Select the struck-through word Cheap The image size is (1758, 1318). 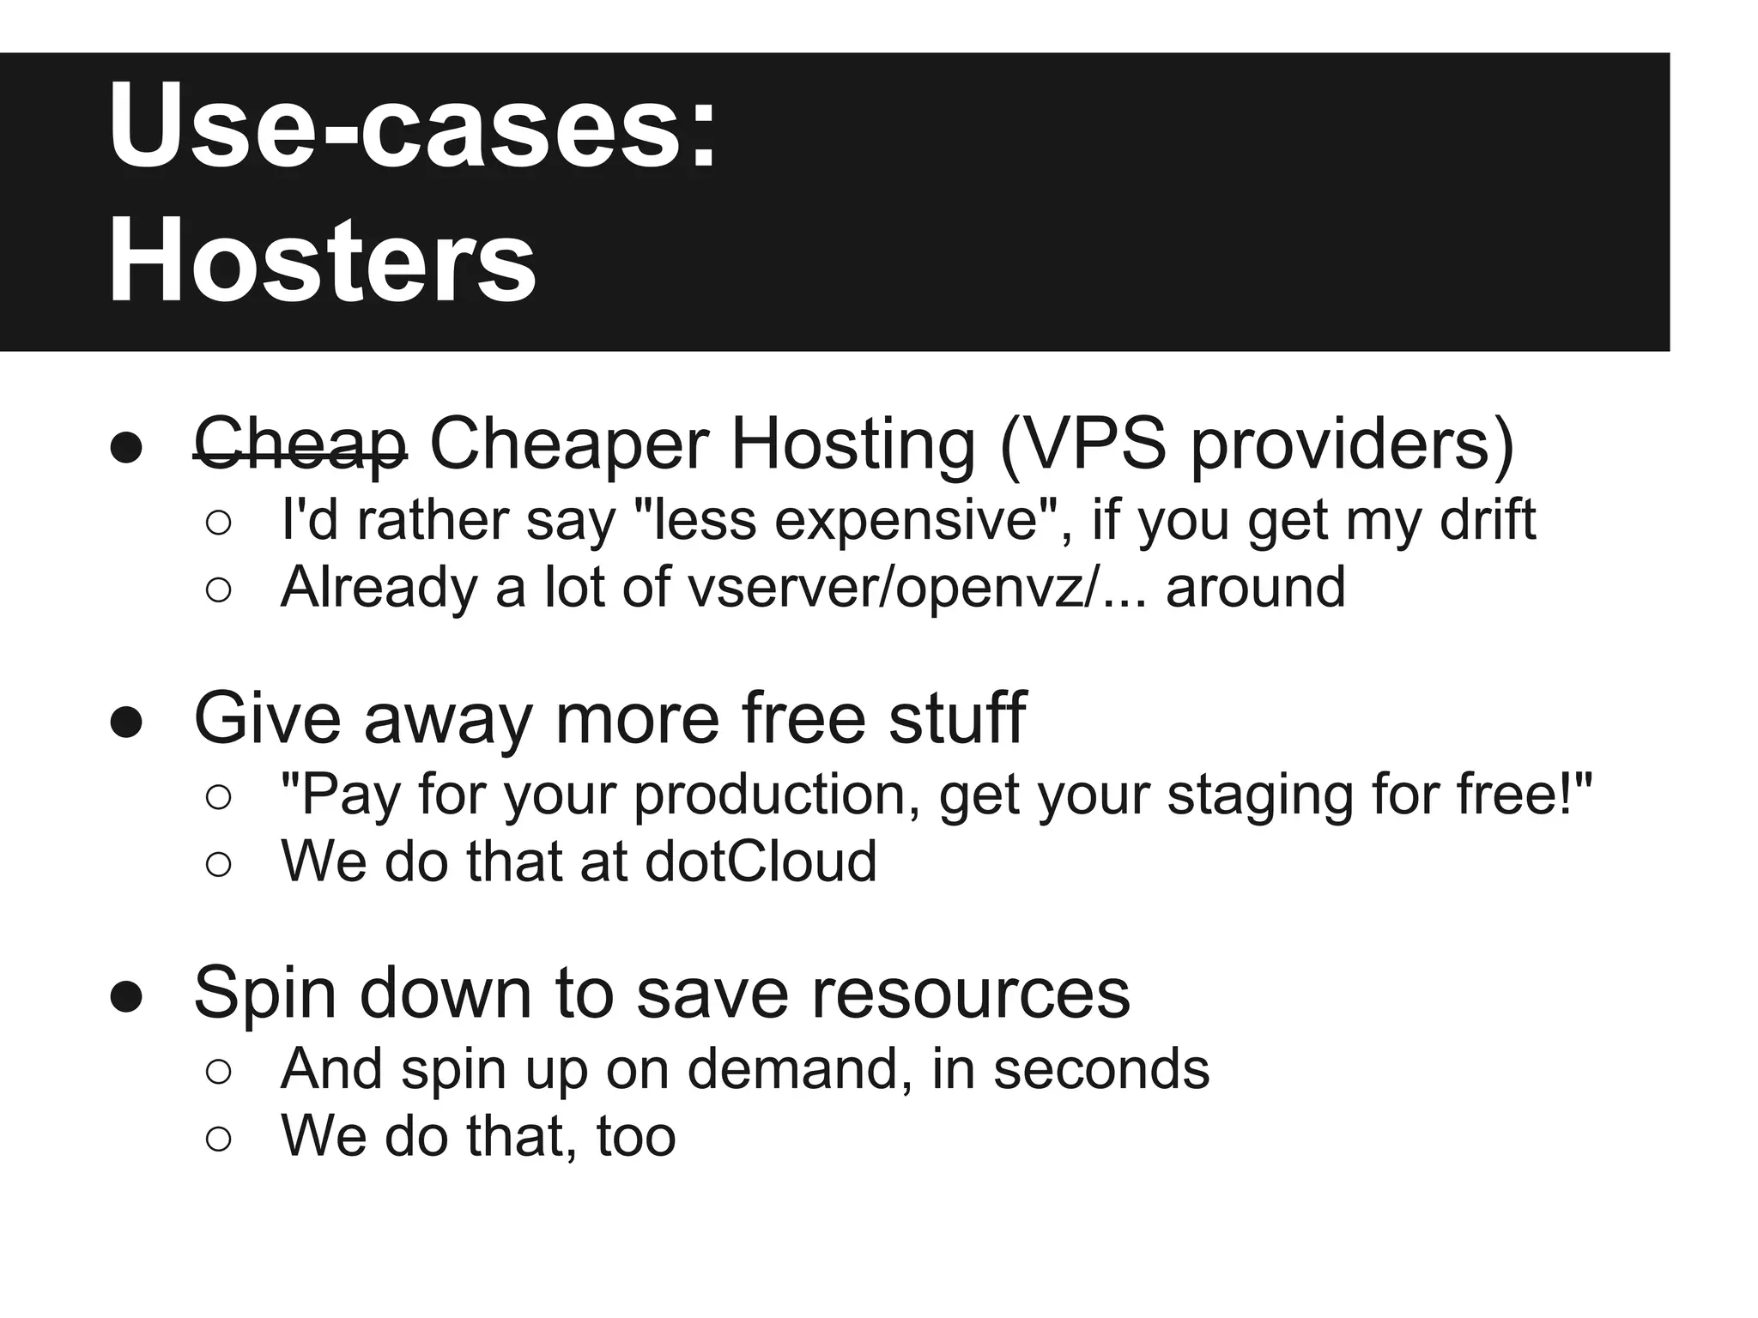coord(300,444)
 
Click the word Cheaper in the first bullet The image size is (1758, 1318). coord(568,444)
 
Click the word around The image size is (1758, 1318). coord(1255,588)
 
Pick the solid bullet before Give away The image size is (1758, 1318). coord(126,722)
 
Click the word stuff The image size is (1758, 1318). coord(957,718)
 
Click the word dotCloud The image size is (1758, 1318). coord(761,862)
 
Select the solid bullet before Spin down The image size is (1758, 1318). coord(126,996)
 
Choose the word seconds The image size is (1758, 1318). coord(1101,1069)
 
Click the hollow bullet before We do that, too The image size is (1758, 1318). coord(219,1139)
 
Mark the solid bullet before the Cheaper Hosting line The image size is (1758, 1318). coord(126,448)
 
